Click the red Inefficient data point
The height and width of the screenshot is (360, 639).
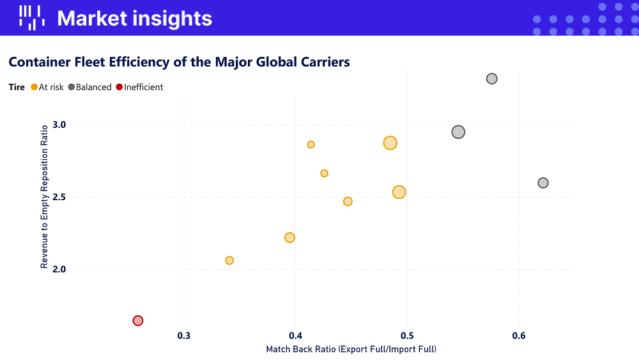pos(137,320)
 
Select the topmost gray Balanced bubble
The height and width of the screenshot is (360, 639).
pos(491,79)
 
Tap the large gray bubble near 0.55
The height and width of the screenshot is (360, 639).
pos(458,132)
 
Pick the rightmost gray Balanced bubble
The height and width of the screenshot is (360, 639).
pos(543,183)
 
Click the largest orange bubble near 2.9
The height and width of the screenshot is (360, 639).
pos(390,143)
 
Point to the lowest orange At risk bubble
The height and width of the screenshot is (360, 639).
pos(229,260)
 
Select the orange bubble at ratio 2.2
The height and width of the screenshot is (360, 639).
pos(289,237)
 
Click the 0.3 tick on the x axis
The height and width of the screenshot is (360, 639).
pos(184,335)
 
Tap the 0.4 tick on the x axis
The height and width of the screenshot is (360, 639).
pos(295,335)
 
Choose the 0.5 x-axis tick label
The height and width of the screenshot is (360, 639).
pos(407,335)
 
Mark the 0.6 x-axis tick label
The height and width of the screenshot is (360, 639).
pos(518,335)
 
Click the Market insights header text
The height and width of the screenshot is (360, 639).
pos(134,18)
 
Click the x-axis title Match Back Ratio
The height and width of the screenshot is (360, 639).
pos(351,349)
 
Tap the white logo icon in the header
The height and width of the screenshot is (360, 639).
pos(31,18)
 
